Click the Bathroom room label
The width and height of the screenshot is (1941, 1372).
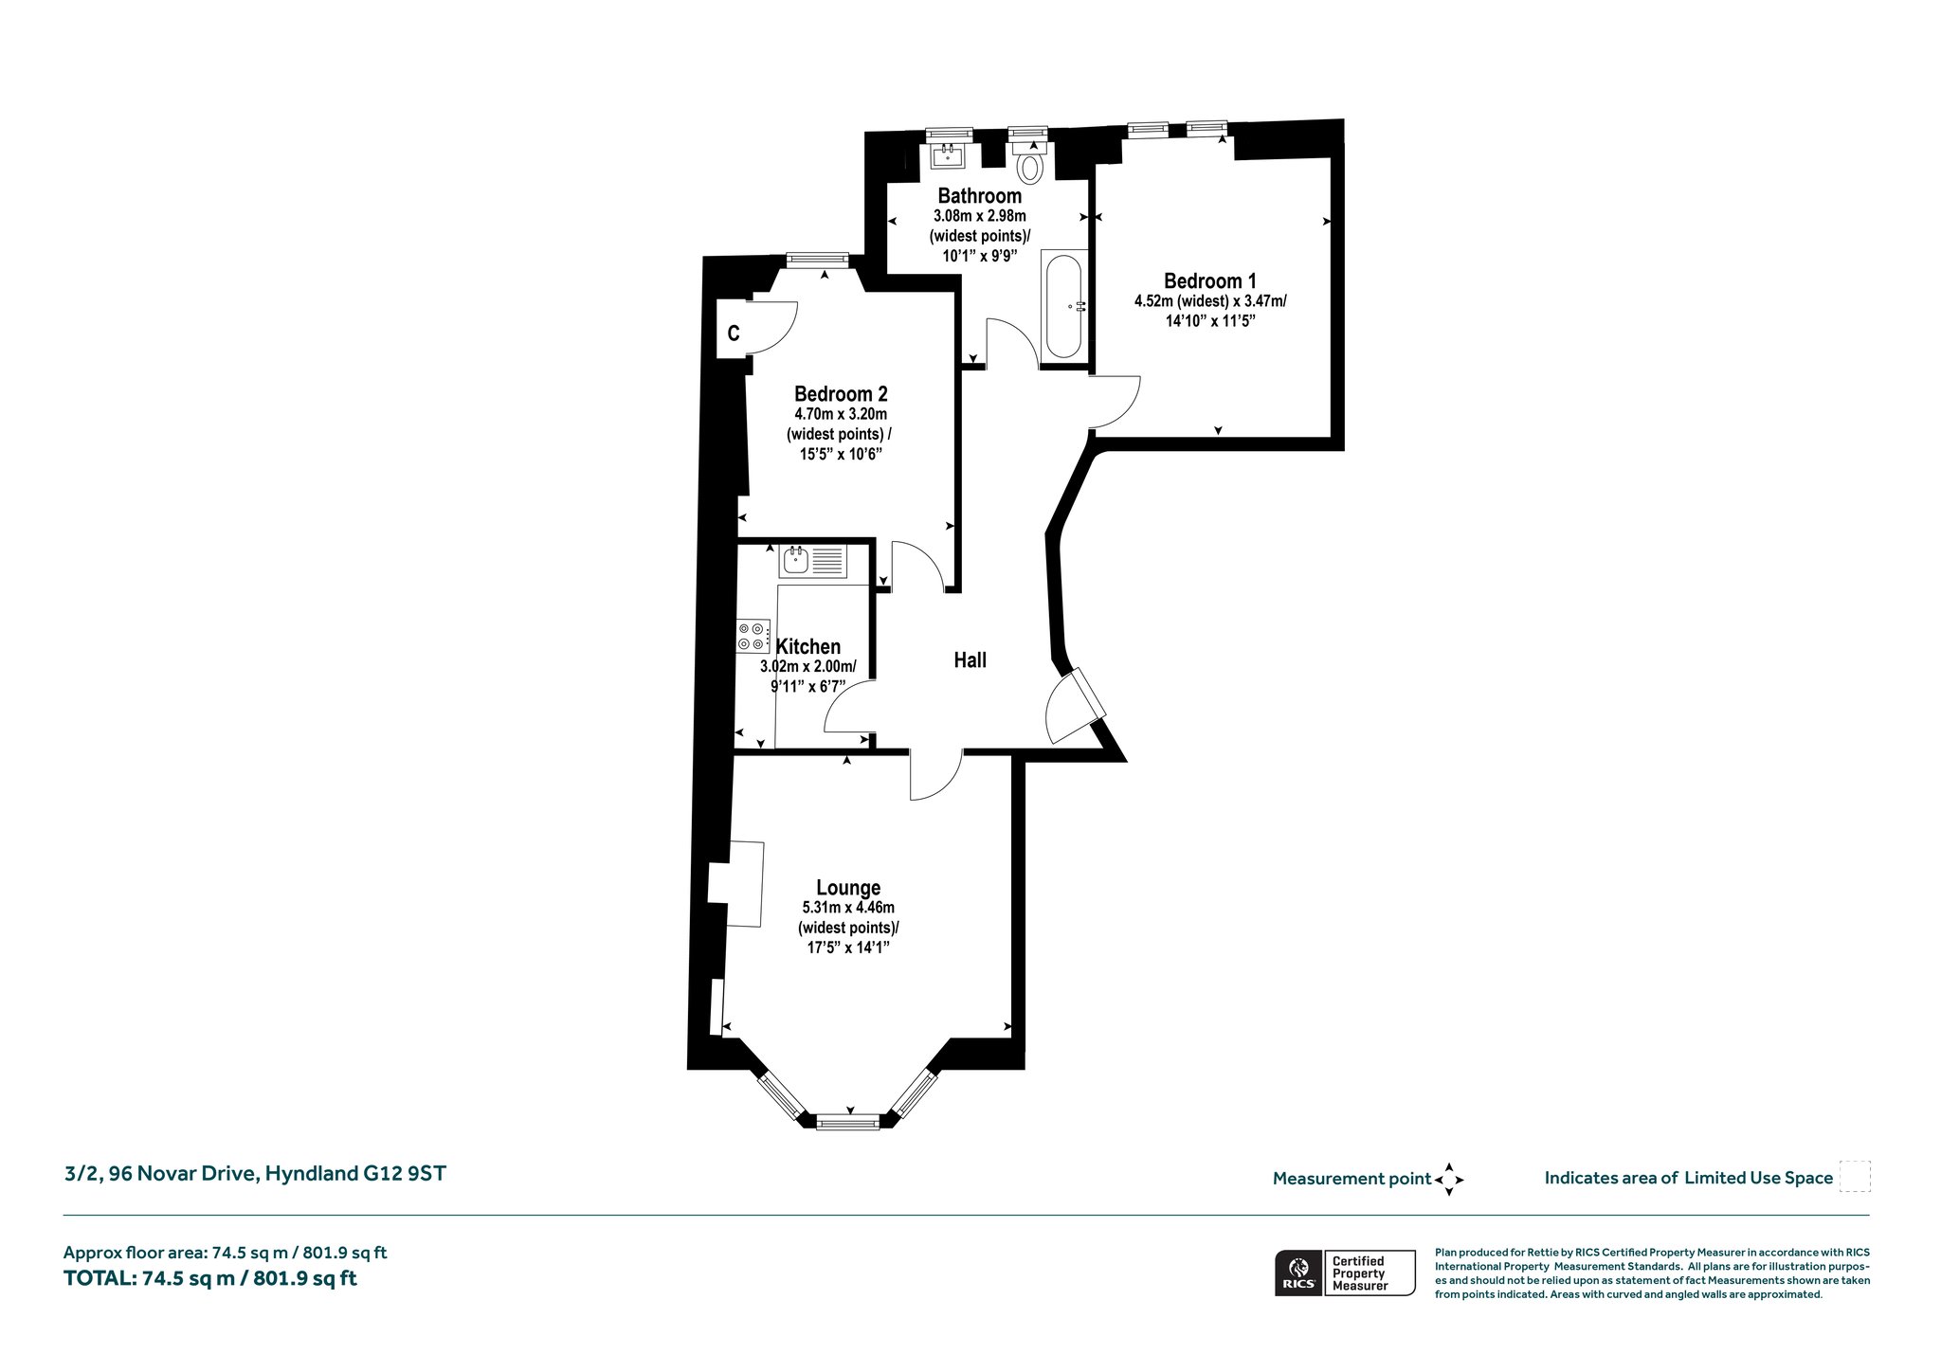pyautogui.click(x=979, y=196)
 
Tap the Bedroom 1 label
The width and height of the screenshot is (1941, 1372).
pyautogui.click(x=1210, y=281)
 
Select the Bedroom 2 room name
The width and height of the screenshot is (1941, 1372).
pyautogui.click(x=841, y=394)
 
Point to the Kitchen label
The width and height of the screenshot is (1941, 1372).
pyautogui.click(x=808, y=646)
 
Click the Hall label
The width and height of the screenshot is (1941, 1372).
pyautogui.click(x=970, y=660)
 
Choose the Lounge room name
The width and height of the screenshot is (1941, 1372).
pyautogui.click(x=848, y=888)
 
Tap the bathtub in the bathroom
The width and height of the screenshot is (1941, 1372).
pyautogui.click(x=1063, y=306)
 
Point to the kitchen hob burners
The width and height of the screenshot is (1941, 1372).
pyautogui.click(x=753, y=636)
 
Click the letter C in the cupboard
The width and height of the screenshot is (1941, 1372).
pyautogui.click(x=734, y=334)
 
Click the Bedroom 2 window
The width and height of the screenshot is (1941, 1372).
pyautogui.click(x=817, y=260)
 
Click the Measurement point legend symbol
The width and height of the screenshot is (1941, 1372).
pyautogui.click(x=1449, y=1180)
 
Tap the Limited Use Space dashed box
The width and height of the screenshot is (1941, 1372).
pyautogui.click(x=1855, y=1177)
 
